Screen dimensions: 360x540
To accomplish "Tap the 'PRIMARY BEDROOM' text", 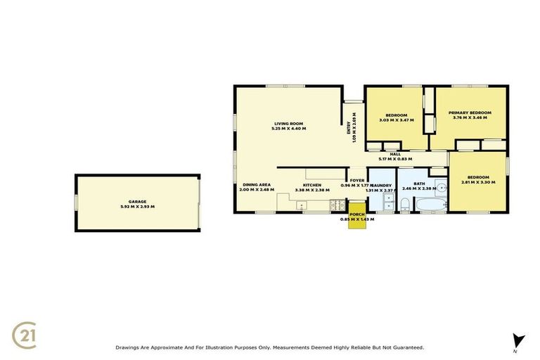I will click(x=470, y=112).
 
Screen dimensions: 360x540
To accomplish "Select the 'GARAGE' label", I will click(x=137, y=201).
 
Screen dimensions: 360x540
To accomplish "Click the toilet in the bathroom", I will click(x=405, y=204).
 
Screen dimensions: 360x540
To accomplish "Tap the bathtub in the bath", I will click(x=428, y=205).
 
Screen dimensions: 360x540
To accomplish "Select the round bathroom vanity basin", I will click(x=440, y=187).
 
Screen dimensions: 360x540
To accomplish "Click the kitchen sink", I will click(x=302, y=205).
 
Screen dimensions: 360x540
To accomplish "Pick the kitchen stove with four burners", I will click(x=337, y=205).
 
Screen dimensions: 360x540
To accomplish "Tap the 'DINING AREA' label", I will click(x=255, y=185).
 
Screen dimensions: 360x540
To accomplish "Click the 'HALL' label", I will click(x=395, y=154).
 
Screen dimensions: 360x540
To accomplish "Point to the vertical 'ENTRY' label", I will click(x=348, y=127).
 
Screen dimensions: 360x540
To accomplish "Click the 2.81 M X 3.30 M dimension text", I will click(x=478, y=182).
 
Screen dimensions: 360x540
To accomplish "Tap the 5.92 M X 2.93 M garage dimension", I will click(x=137, y=207).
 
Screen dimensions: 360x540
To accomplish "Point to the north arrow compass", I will click(x=519, y=340).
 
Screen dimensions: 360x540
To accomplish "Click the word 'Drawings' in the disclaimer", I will click(x=129, y=347).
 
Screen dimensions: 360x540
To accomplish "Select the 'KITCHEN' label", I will click(x=312, y=185).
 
